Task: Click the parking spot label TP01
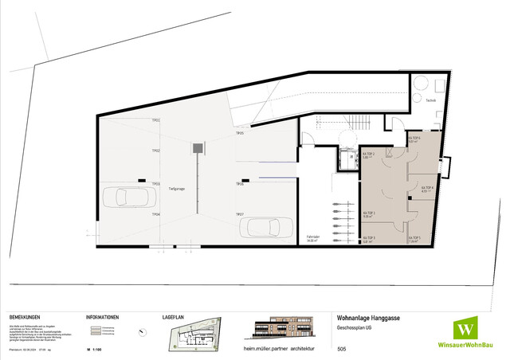[x=156, y=120]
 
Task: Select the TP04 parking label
[x=156, y=214]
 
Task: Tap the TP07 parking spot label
[x=239, y=214]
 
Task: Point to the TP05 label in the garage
[x=239, y=134]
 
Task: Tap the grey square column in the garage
[x=196, y=147]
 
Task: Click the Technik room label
[x=430, y=101]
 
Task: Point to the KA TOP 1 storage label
[x=369, y=156]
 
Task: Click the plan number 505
[x=342, y=349]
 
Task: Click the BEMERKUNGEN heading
[x=26, y=316]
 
